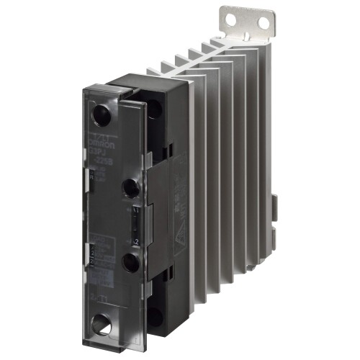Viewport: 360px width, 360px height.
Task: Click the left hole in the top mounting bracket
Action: click(238, 14)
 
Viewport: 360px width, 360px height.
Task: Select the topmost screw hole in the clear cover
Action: click(102, 114)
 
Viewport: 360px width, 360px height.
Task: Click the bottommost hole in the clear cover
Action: click(104, 325)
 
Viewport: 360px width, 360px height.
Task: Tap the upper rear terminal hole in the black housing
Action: click(153, 107)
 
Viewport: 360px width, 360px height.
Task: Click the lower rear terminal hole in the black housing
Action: click(153, 315)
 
